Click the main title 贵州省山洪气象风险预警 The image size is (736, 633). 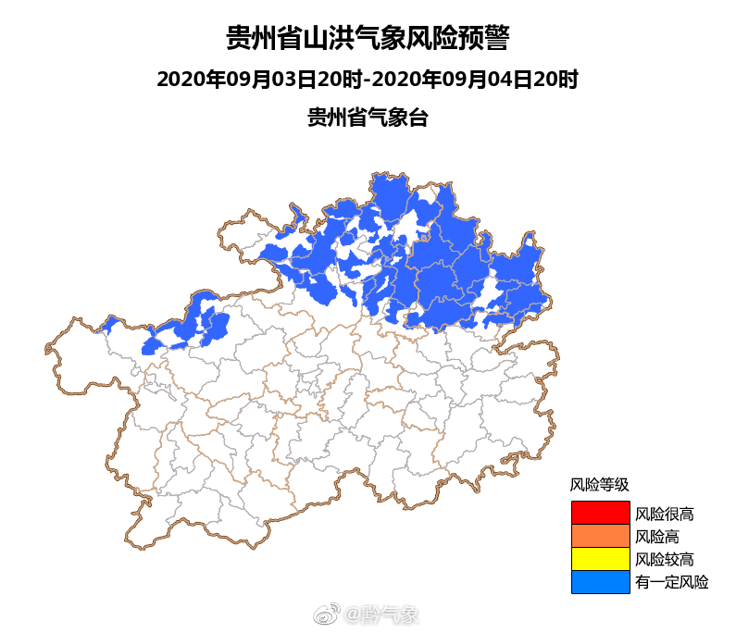coord(368,39)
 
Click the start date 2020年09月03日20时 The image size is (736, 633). coord(260,80)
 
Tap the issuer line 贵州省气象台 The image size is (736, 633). coord(368,118)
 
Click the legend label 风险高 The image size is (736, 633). coord(657,536)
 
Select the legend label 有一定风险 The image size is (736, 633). coord(671,582)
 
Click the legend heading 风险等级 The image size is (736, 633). coord(599,484)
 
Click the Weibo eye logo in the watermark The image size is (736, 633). coord(327,614)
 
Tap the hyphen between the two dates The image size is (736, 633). coord(368,81)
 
